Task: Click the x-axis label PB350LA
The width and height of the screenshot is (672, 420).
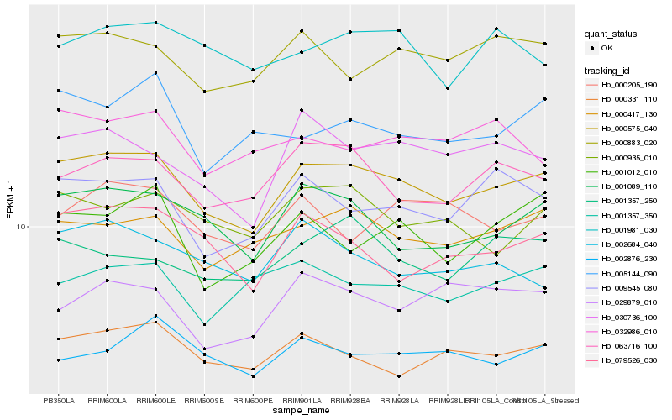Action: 58,400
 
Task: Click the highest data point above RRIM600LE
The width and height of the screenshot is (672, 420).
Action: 155,23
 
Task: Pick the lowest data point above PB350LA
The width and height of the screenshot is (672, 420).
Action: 58,360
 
